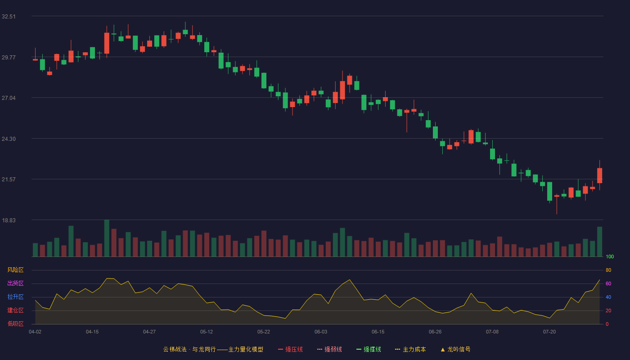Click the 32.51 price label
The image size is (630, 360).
pyautogui.click(x=9, y=17)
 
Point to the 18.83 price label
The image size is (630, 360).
pyautogui.click(x=9, y=220)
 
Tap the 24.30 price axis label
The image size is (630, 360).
pyautogui.click(x=9, y=139)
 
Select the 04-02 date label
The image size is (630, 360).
pyautogui.click(x=35, y=332)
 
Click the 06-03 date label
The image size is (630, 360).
pyautogui.click(x=321, y=332)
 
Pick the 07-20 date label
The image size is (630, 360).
pyautogui.click(x=549, y=332)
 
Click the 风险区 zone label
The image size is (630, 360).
pyautogui.click(x=15, y=270)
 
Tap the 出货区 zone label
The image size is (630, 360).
pyautogui.click(x=15, y=283)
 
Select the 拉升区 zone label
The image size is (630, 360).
pyautogui.click(x=15, y=297)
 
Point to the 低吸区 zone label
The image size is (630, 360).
pyautogui.click(x=15, y=324)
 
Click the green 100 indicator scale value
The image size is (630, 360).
pyautogui.click(x=610, y=256)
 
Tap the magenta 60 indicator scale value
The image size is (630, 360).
pyautogui.click(x=608, y=283)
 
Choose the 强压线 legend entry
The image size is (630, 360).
pyautogui.click(x=290, y=349)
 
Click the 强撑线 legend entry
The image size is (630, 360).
pyautogui.click(x=369, y=349)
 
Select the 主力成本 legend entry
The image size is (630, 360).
pyautogui.click(x=410, y=349)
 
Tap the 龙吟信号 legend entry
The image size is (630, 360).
pyautogui.click(x=455, y=349)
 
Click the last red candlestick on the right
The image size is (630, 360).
pyautogui.click(x=599, y=175)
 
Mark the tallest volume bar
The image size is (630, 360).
pyautogui.click(x=107, y=238)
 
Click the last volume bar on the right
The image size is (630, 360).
pyautogui.click(x=599, y=242)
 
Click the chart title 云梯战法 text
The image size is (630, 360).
pyautogui.click(x=175, y=349)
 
